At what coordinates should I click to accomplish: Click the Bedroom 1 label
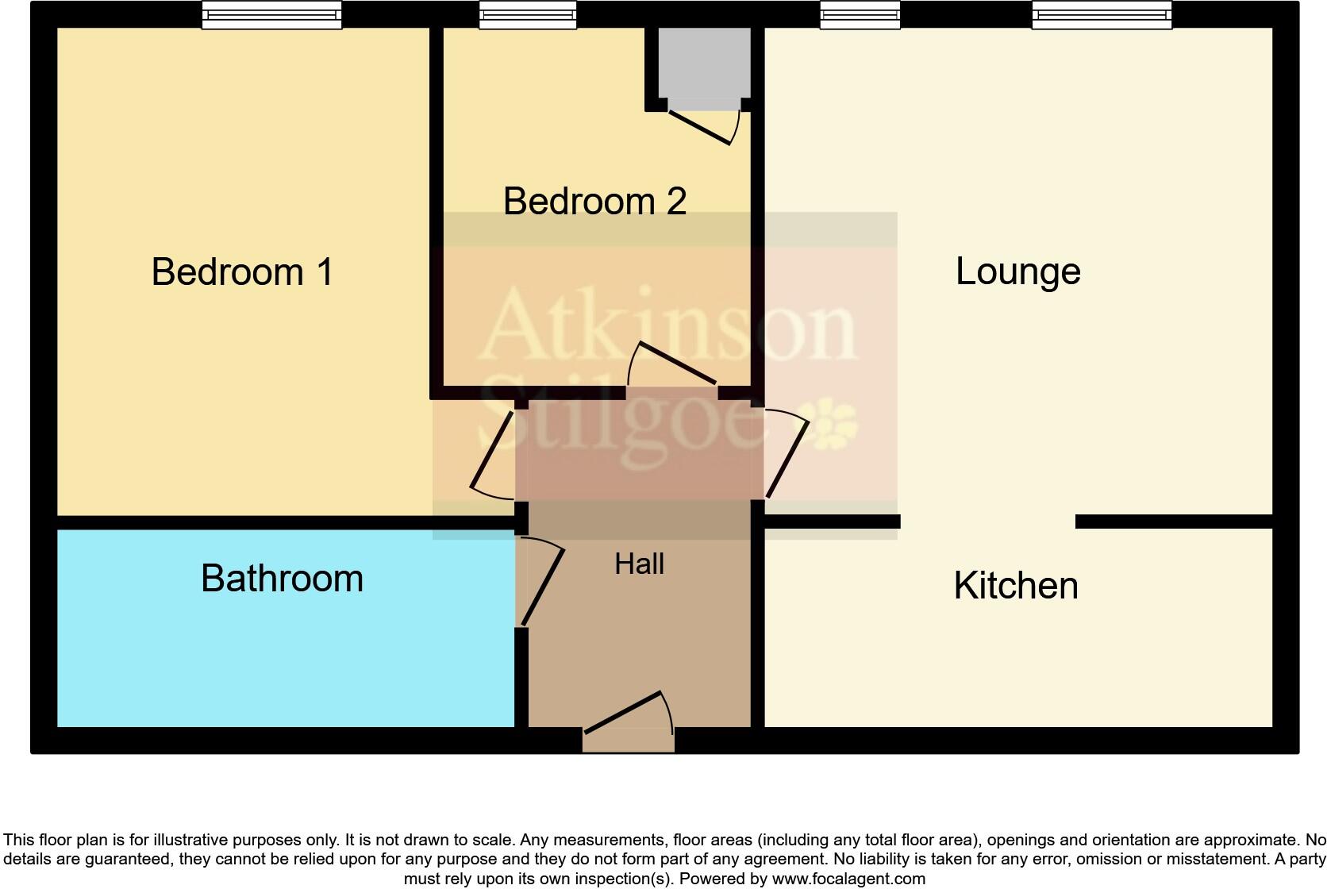pyautogui.click(x=242, y=272)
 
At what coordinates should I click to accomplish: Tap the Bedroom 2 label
pyautogui.click(x=594, y=202)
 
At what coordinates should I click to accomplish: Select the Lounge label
pyautogui.click(x=1017, y=271)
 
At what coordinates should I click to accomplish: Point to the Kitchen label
pyautogui.click(x=1016, y=586)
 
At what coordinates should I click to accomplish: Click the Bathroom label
pyautogui.click(x=282, y=578)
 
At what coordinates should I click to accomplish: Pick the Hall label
pyautogui.click(x=639, y=564)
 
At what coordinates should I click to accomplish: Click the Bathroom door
pyautogui.click(x=542, y=583)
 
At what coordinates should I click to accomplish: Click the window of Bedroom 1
pyautogui.click(x=271, y=15)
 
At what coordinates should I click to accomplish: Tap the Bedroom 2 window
pyautogui.click(x=528, y=15)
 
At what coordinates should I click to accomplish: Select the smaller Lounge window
pyautogui.click(x=860, y=15)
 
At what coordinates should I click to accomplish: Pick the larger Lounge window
pyautogui.click(x=1102, y=15)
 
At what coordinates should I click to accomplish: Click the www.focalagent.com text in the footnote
pyautogui.click(x=848, y=879)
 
